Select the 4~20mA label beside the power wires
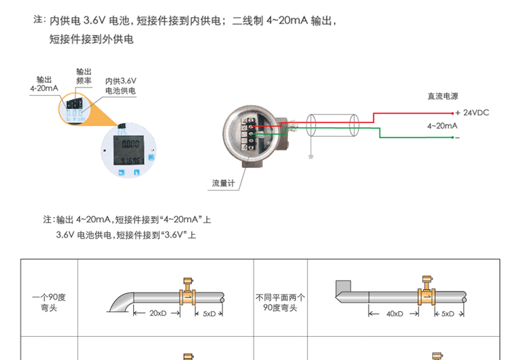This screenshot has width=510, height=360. click(x=441, y=126)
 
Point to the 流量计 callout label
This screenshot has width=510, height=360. click(x=222, y=183)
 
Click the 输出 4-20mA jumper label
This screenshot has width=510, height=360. click(x=44, y=84)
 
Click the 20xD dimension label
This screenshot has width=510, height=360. click(x=157, y=314)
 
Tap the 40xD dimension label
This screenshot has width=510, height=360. click(x=394, y=314)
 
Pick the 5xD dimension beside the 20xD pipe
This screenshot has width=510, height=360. click(x=209, y=314)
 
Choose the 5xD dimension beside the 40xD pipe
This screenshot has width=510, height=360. click(x=447, y=314)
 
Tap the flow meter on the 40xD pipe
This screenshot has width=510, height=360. click(x=426, y=291)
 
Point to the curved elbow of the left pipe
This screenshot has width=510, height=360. click(x=122, y=300)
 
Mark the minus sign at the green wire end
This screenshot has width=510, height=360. click(x=458, y=138)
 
